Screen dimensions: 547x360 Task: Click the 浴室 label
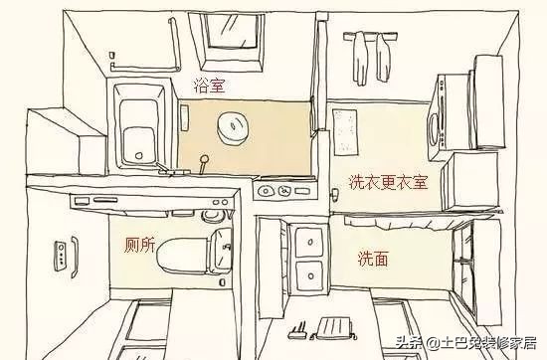point(209,87)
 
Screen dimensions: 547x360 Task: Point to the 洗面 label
point(373,259)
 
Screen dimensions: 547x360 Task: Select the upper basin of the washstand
point(307,241)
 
